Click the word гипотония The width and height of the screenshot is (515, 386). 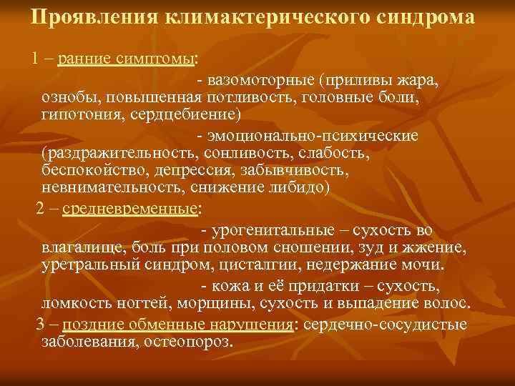83,114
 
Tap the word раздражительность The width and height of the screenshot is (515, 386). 121,153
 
